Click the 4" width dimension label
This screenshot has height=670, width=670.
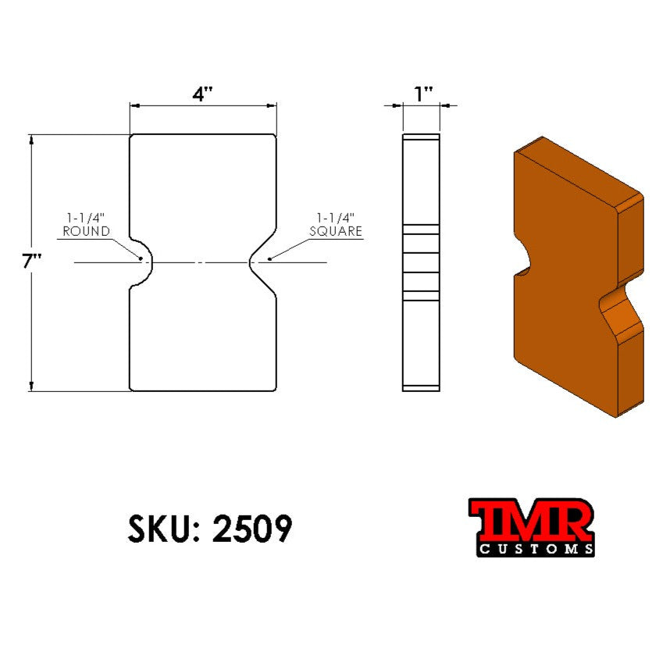click(x=203, y=94)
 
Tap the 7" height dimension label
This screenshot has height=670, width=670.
click(x=31, y=262)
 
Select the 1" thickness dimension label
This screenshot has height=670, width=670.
click(x=423, y=94)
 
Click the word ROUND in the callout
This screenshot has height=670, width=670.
click(x=86, y=231)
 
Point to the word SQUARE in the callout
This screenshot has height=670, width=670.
click(x=336, y=231)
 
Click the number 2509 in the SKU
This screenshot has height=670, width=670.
click(x=252, y=529)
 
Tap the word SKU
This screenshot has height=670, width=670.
click(x=157, y=529)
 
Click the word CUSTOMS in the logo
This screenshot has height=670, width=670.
click(x=535, y=549)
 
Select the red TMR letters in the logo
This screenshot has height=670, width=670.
click(x=531, y=519)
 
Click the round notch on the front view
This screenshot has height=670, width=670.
click(x=143, y=262)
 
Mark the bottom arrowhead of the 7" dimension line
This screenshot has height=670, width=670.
click(x=31, y=385)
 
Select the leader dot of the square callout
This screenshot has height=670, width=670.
click(x=269, y=258)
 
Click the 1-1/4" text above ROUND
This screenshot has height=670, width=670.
click(x=86, y=218)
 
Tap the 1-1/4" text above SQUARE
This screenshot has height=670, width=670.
click(x=336, y=218)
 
